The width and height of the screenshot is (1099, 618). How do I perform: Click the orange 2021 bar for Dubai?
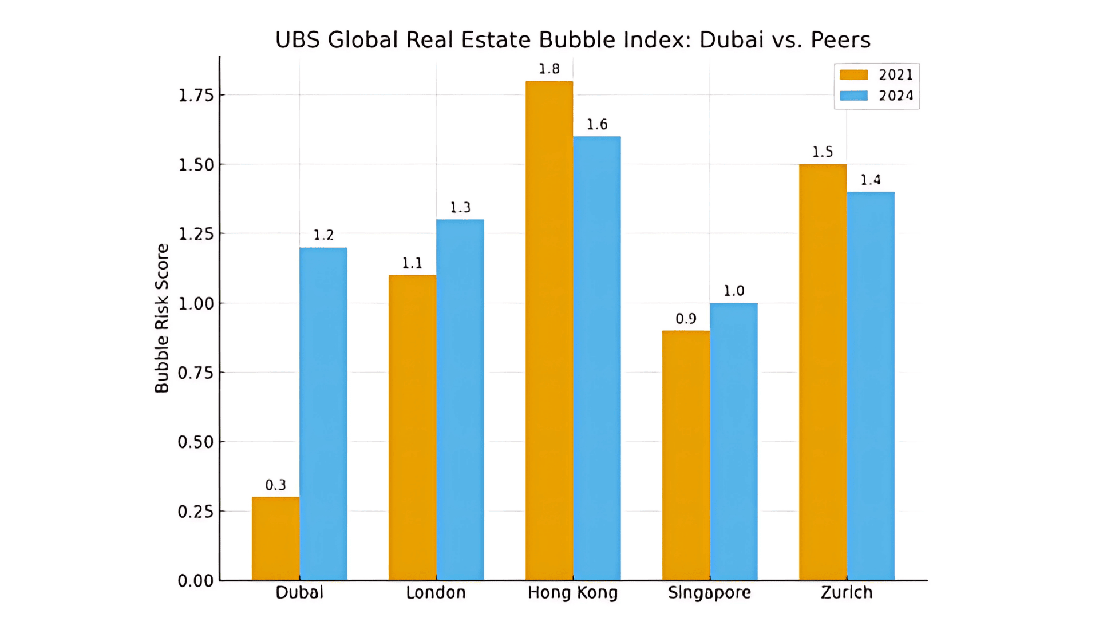(275, 538)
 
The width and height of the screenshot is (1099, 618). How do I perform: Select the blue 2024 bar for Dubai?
(323, 414)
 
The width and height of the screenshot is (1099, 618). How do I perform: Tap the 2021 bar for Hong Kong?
(549, 331)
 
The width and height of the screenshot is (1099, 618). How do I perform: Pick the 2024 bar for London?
(460, 399)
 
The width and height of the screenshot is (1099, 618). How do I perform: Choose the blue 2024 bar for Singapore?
(733, 441)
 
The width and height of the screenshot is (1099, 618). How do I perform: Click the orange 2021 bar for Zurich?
(823, 372)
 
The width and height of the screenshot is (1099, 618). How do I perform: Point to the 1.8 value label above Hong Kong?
(549, 69)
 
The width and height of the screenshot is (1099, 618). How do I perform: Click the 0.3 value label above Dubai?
(275, 485)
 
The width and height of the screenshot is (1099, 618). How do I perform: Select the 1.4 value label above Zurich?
(871, 180)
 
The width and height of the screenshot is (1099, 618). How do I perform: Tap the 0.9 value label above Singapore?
(686, 319)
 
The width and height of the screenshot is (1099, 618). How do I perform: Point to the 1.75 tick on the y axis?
(196, 95)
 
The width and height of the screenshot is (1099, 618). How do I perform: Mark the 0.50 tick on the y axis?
(196, 442)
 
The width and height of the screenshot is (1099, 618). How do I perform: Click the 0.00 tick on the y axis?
(196, 581)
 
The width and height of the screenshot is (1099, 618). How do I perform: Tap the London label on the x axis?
(436, 592)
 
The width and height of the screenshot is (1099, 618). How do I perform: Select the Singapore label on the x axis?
(709, 592)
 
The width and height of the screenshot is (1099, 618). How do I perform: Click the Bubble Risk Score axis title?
(162, 318)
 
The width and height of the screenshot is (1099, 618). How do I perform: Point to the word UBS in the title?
(297, 39)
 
